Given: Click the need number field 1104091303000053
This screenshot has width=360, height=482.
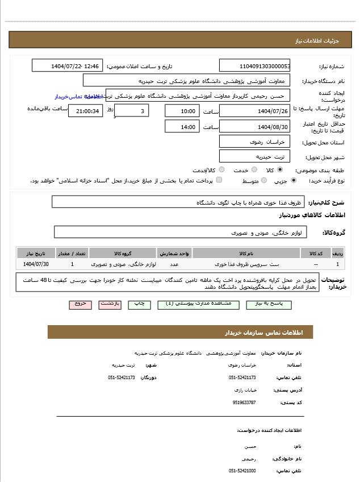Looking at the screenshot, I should (254, 66).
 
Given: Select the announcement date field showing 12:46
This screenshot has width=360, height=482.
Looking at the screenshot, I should (68, 66).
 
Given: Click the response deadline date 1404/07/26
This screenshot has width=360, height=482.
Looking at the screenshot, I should (254, 111).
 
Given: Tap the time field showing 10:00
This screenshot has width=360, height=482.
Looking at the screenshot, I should (182, 111).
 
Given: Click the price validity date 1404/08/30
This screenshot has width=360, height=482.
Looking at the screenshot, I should (254, 127).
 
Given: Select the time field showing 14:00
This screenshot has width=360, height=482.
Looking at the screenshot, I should (182, 127).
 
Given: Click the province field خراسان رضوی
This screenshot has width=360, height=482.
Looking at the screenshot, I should (254, 142).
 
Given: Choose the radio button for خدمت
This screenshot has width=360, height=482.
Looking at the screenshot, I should (254, 170).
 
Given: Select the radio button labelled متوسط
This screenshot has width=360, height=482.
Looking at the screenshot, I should (263, 181).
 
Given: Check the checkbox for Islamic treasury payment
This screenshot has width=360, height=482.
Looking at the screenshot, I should (219, 181).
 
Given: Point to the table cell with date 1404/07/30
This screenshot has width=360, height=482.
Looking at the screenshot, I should (36, 264).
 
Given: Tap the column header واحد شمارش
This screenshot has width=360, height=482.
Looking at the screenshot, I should (174, 253).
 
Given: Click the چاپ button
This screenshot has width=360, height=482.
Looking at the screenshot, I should (139, 304).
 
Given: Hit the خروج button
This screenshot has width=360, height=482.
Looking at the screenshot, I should (80, 304).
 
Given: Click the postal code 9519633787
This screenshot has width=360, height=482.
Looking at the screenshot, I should (244, 402).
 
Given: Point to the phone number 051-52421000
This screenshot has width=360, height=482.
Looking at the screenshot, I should (242, 471).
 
